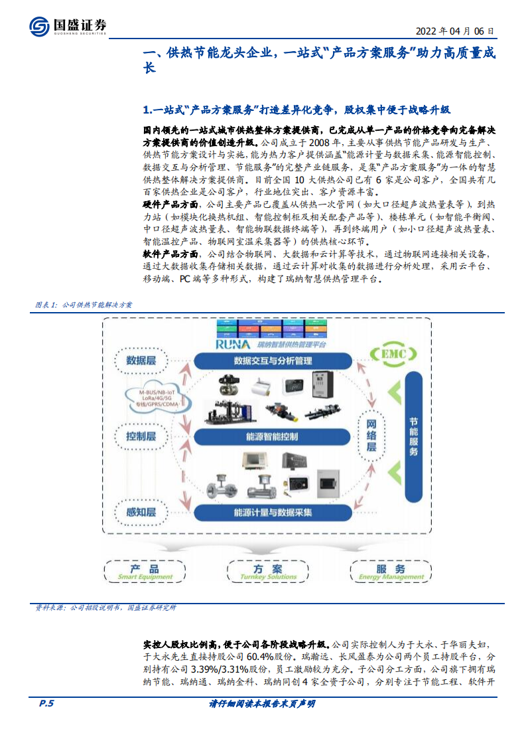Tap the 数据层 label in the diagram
click(141, 361)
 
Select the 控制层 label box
click(141, 436)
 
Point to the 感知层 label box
click(141, 512)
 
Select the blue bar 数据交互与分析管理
click(273, 361)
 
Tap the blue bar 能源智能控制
click(272, 437)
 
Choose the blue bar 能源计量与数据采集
click(272, 513)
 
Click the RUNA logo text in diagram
click(228, 345)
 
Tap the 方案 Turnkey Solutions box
click(267, 572)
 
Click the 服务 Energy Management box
click(391, 572)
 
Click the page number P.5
click(45, 703)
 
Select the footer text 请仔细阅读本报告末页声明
click(262, 703)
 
